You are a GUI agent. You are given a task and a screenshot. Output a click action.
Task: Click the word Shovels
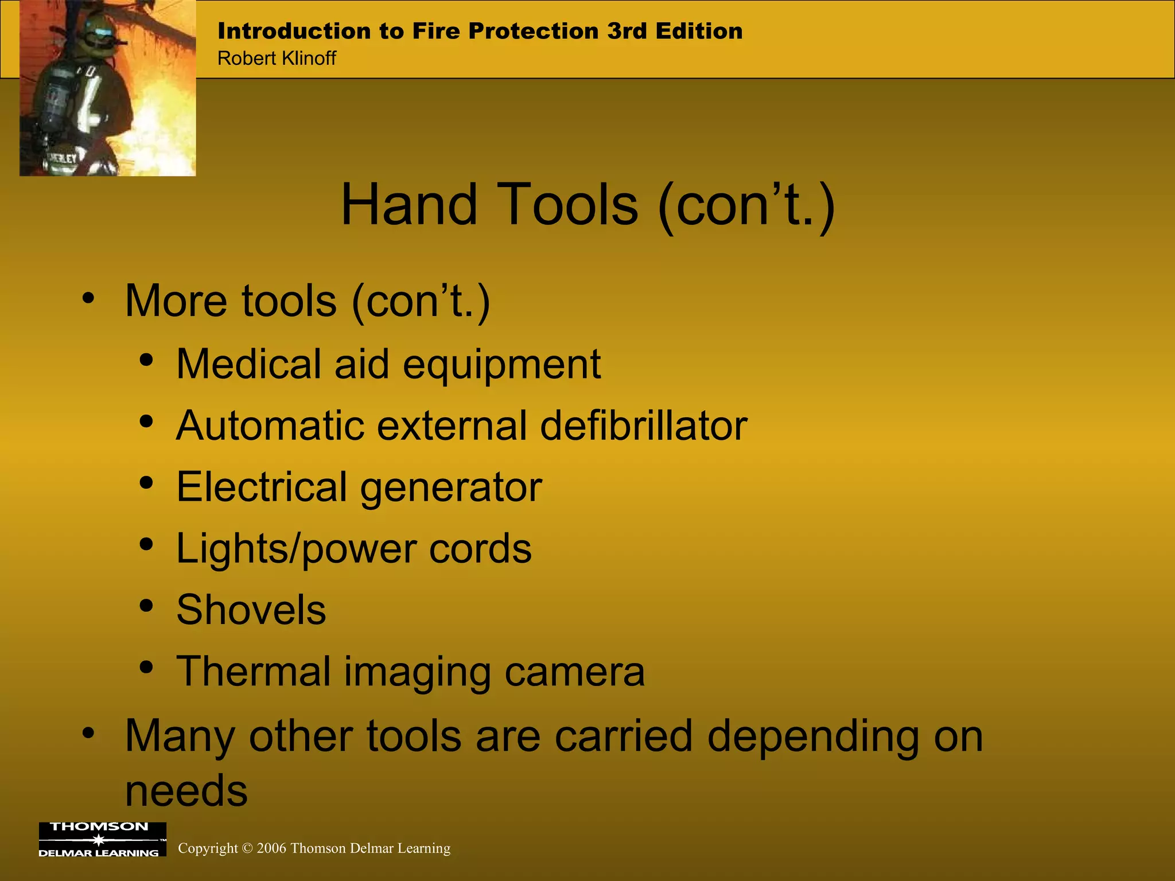[251, 609]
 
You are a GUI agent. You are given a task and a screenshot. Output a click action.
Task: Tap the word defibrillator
[643, 426]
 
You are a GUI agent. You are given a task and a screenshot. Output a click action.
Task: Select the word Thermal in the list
[253, 671]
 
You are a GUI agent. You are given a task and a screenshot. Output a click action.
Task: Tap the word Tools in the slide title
[569, 205]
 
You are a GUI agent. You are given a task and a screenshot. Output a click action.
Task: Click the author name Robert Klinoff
[277, 59]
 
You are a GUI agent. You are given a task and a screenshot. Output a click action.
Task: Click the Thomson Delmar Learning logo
[102, 839]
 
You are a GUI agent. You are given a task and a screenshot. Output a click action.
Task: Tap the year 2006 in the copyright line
[271, 848]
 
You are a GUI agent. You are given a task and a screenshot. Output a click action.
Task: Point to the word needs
[186, 790]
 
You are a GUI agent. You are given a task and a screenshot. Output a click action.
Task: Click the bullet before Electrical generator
[147, 482]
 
